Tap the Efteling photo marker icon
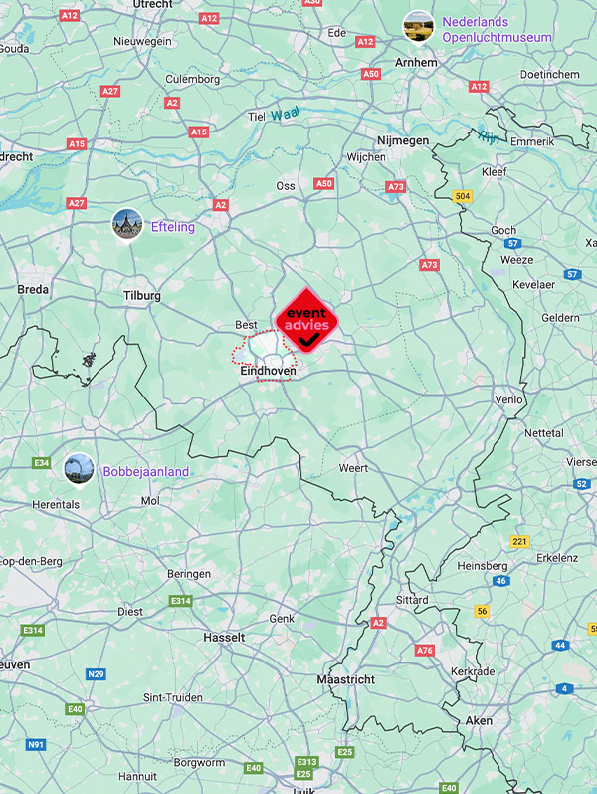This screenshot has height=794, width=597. click(x=127, y=223)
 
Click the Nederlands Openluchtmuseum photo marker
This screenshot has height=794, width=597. click(x=417, y=27)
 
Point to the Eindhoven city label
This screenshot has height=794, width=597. click(x=269, y=370)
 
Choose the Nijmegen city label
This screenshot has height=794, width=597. click(x=403, y=141)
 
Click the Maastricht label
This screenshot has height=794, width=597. click(x=345, y=679)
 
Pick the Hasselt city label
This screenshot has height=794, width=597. click(x=223, y=637)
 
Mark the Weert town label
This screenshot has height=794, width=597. click(x=353, y=468)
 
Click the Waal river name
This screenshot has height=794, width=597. click(x=285, y=115)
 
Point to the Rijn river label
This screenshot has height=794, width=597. click(x=487, y=135)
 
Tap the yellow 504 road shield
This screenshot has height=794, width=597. click(x=461, y=197)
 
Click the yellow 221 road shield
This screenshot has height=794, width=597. click(x=519, y=541)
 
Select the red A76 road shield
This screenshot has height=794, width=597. click(x=425, y=650)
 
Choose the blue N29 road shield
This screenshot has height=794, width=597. click(x=96, y=674)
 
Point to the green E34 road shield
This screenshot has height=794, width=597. click(x=41, y=463)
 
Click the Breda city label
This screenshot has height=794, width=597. click(x=33, y=290)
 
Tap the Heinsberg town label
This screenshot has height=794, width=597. click(x=482, y=566)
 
